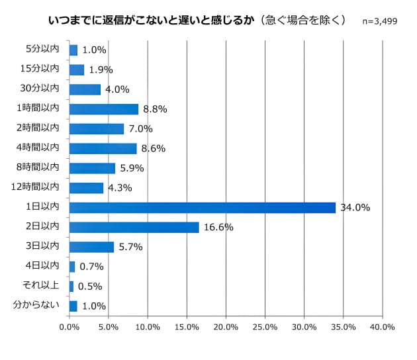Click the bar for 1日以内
coord(202,208)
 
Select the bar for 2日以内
coord(134,227)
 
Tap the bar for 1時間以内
coord(103,109)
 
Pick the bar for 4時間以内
coord(103,148)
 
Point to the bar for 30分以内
coord(85,89)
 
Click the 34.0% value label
coord(355,208)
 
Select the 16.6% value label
coord(218,227)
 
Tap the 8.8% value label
coord(154,109)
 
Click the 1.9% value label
coord(101,69)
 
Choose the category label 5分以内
coord(42,49)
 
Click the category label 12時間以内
coord(37,187)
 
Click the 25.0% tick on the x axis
coord(265,327)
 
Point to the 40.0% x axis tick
coord(383,327)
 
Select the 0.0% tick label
coord(69,327)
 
